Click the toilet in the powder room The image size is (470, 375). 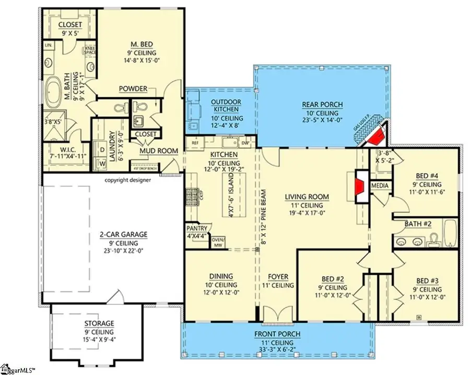click(120, 108)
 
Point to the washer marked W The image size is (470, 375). click(102, 163)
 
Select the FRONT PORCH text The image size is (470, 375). click(277, 334)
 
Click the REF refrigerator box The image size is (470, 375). click(195, 142)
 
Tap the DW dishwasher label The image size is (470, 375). click(244, 142)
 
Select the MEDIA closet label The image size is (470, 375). click(380, 186)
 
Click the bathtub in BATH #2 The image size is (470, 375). click(450, 233)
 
